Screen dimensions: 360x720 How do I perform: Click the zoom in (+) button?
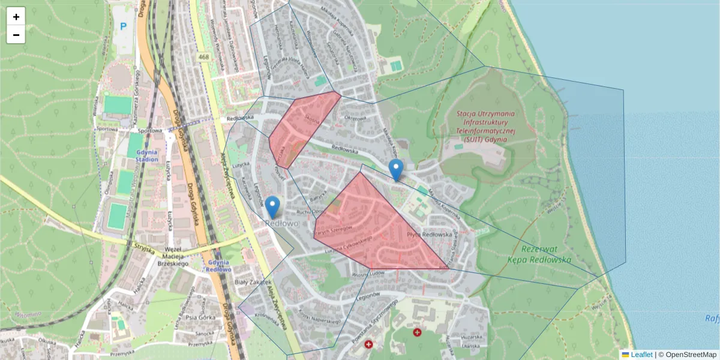coord(16,17)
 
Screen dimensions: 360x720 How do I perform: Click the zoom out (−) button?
coord(16,35)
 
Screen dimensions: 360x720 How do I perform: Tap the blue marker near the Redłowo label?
coord(272,206)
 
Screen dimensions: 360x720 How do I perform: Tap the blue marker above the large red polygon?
coord(395,169)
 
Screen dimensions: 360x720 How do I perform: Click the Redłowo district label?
coord(281,223)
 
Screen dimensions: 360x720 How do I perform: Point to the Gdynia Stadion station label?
coord(146,156)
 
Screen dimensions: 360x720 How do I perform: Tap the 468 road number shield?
coord(204,57)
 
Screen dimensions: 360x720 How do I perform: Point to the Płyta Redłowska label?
coord(428,234)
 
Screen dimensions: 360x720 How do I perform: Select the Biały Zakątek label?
coord(253,281)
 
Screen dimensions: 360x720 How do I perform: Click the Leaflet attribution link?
coord(641,355)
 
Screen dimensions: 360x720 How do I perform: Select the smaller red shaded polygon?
coord(303,127)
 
